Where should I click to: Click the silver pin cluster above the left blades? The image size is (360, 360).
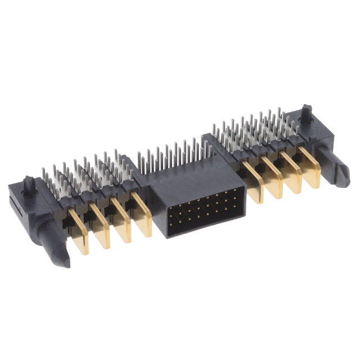[90, 174]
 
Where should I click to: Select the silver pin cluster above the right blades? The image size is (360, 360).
[253, 132]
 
